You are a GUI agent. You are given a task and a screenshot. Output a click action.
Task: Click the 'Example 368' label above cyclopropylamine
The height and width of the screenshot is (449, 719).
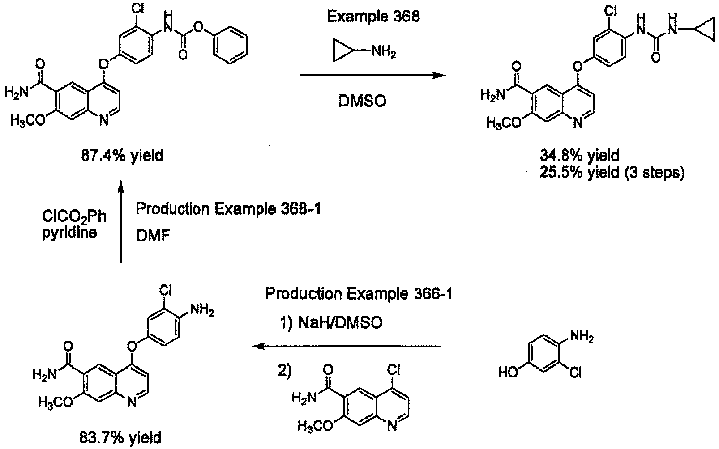[x=373, y=16]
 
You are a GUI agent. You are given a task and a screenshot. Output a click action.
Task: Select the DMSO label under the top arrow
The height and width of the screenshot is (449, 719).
[x=362, y=102]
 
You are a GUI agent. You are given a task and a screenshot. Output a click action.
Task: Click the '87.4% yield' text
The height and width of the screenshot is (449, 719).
[x=122, y=156]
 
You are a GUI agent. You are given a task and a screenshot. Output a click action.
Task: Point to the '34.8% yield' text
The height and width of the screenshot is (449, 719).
[x=579, y=156]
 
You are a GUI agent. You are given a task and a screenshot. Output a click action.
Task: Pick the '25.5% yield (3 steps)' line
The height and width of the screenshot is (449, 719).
[x=612, y=173]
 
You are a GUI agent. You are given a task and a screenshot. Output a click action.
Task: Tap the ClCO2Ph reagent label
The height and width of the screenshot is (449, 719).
[x=74, y=216]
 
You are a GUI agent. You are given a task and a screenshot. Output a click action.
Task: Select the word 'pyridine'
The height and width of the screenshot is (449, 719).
[x=69, y=233]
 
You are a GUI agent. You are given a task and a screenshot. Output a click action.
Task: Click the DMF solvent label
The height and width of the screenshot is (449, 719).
[x=153, y=237]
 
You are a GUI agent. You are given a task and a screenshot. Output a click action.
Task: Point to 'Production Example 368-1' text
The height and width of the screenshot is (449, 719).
[x=228, y=209]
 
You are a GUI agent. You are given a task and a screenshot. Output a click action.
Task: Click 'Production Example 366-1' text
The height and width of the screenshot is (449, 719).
[x=359, y=293]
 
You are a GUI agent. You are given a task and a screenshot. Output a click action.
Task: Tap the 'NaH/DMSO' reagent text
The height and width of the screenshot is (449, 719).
[x=340, y=322]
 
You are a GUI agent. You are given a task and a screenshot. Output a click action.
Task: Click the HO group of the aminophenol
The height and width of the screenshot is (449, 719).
[x=509, y=373]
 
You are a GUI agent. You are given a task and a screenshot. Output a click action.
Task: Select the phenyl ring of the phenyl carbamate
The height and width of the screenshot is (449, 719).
[x=231, y=45]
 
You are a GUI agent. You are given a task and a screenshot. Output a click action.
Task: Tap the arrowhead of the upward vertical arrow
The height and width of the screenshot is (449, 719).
[x=121, y=186]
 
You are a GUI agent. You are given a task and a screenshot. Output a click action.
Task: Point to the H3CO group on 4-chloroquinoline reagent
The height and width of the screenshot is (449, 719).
[x=315, y=426]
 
